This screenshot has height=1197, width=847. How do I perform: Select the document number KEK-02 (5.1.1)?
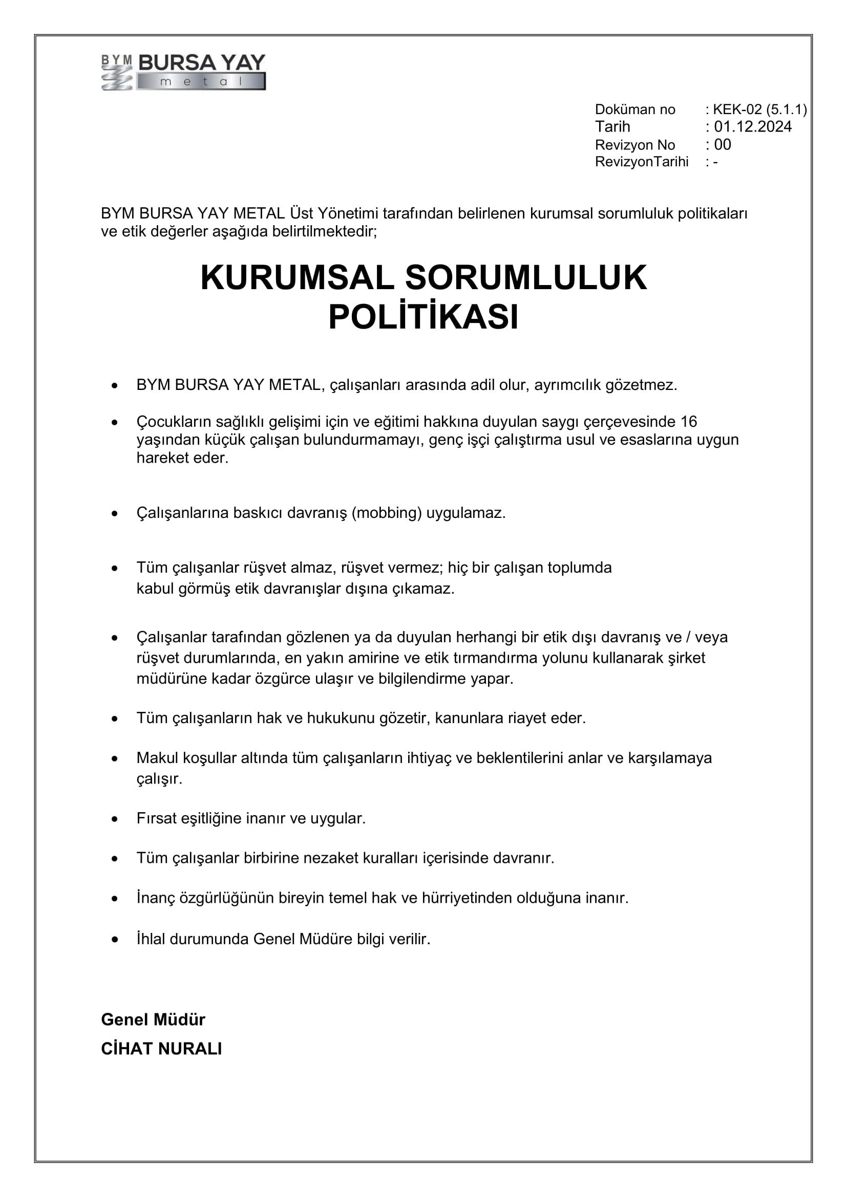pos(759,110)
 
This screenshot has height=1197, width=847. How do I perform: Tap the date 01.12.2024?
pos(753,127)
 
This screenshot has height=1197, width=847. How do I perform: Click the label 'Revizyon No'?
pos(634,144)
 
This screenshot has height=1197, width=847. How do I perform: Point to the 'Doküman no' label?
pos(634,110)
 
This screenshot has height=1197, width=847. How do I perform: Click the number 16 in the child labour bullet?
pos(689,421)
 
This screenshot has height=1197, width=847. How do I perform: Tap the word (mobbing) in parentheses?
pos(387,513)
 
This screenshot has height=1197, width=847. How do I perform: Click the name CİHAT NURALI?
pos(161,1049)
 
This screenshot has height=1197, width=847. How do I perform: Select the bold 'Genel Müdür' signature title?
pos(153,1019)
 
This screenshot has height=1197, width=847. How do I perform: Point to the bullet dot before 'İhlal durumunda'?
pos(115,940)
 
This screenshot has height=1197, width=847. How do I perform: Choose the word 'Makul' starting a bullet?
pos(158,757)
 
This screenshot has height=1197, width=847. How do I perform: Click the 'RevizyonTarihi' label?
pos(642,162)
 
